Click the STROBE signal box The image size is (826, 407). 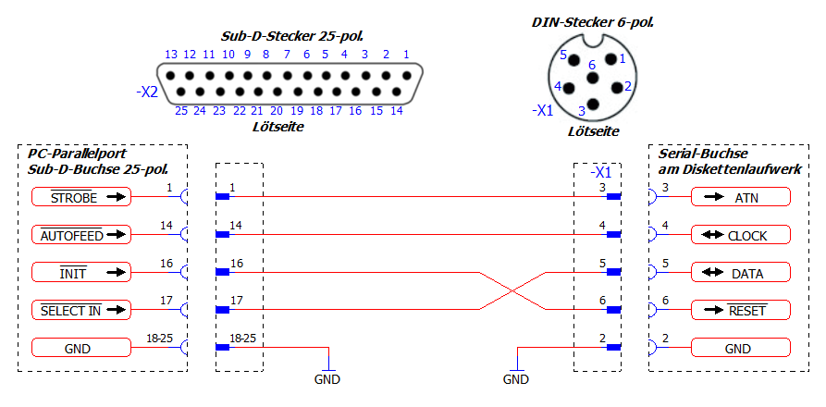[x=81, y=197]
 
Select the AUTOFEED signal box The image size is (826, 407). [x=81, y=235]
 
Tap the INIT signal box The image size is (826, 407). [x=81, y=272]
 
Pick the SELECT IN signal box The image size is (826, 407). [x=81, y=310]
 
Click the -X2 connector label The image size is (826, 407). [x=145, y=92]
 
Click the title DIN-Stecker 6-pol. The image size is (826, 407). [x=593, y=21]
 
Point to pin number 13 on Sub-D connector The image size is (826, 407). [x=171, y=55]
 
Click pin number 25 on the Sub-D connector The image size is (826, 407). [x=181, y=110]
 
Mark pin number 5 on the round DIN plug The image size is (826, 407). [x=561, y=55]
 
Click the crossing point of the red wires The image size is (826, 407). [x=512, y=291]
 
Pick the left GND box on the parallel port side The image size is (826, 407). [x=81, y=348]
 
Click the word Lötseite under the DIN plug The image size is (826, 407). [x=593, y=132]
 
